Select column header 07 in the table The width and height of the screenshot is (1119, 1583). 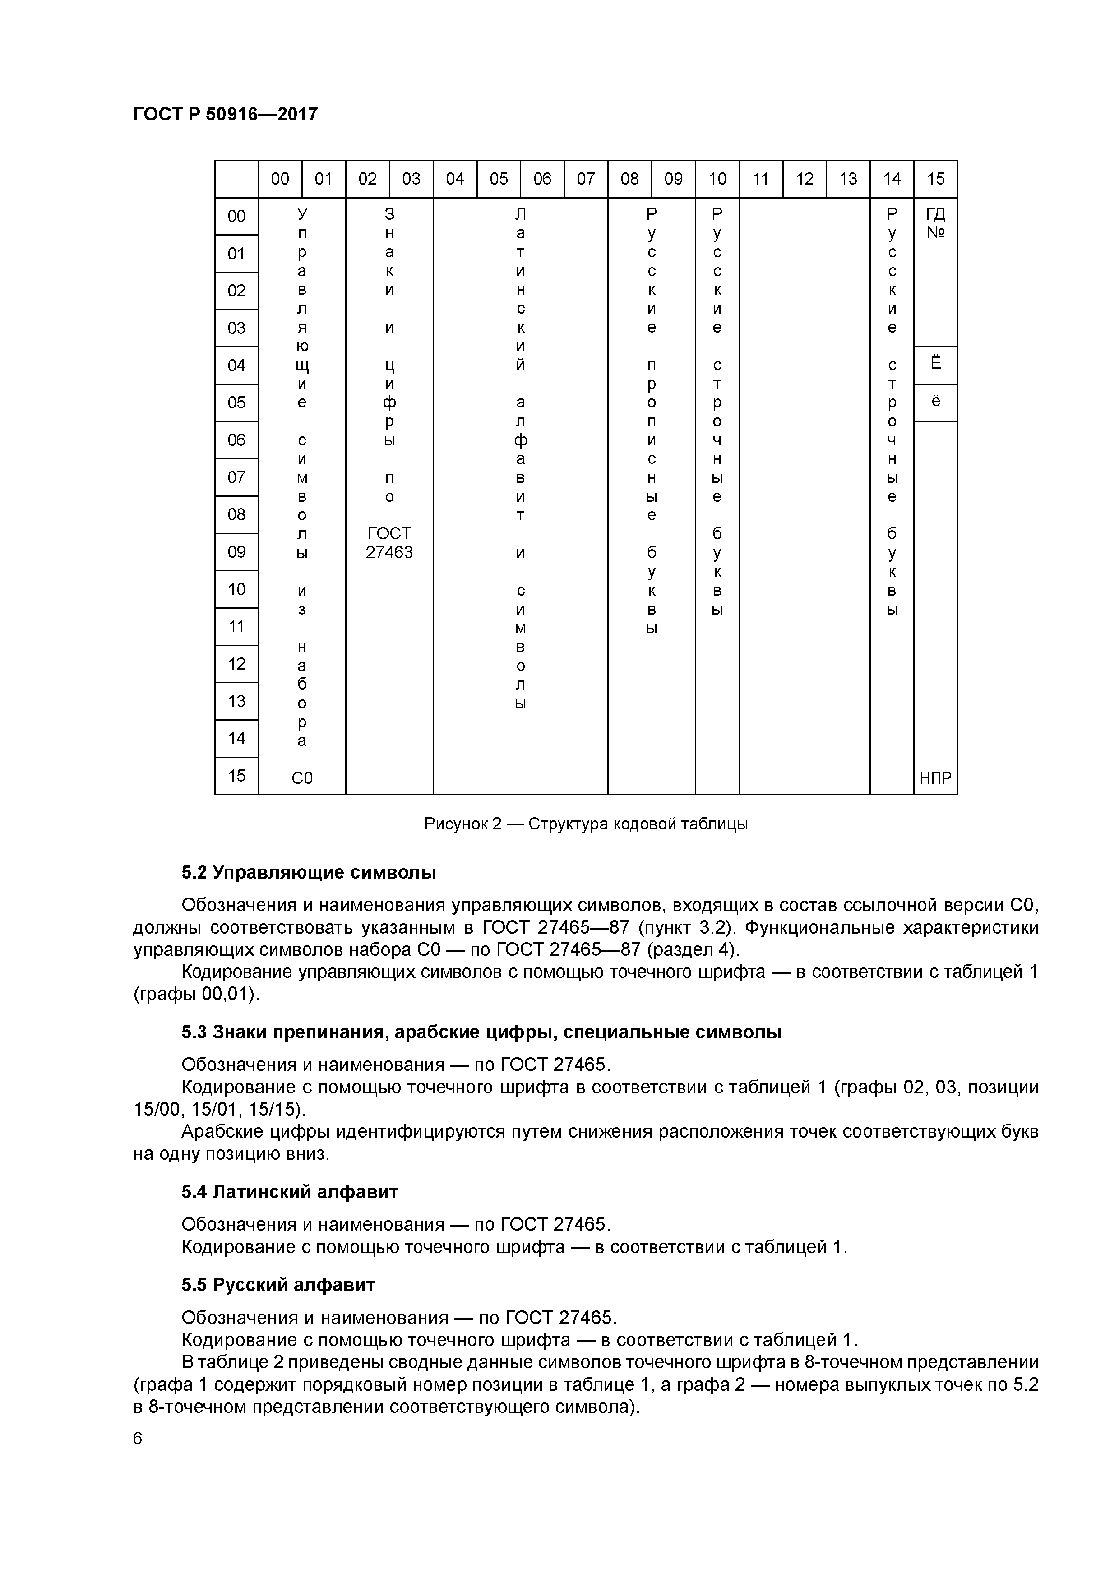[585, 179]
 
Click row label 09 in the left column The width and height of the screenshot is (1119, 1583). [236, 551]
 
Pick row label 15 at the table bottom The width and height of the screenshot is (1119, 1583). [236, 776]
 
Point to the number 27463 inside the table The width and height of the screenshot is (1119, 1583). [389, 552]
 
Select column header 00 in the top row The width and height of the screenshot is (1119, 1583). [280, 179]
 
